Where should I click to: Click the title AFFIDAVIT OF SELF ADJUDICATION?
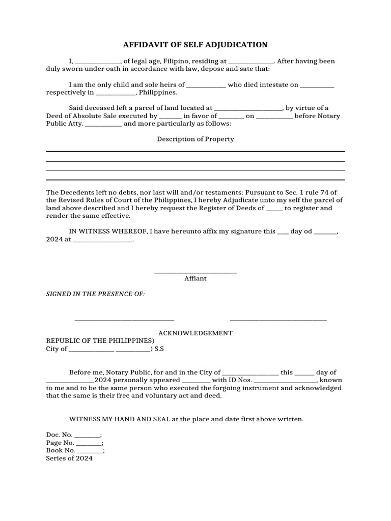pyautogui.click(x=195, y=45)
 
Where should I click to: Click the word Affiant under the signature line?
pyautogui.click(x=195, y=278)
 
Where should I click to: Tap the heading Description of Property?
pyautogui.click(x=195, y=139)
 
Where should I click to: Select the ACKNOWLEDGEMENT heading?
pyautogui.click(x=195, y=333)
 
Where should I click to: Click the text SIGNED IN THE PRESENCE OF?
pyautogui.click(x=96, y=295)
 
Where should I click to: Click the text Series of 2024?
pyautogui.click(x=70, y=458)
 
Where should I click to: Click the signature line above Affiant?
pyautogui.click(x=195, y=273)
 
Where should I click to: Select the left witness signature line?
pyautogui.click(x=124, y=320)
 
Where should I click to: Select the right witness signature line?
pyautogui.click(x=278, y=320)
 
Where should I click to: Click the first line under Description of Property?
pyautogui.click(x=195, y=151)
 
